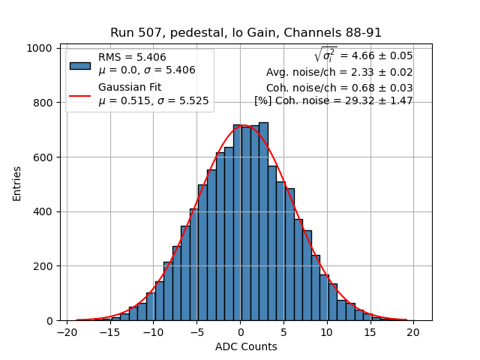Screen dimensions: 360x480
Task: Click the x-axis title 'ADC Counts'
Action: coord(246,346)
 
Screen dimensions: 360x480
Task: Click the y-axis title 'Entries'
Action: coord(17,184)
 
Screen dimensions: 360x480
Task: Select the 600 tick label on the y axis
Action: coord(42,157)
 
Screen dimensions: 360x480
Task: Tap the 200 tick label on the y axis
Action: coord(42,266)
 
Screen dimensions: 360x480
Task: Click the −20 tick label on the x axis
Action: coord(66,331)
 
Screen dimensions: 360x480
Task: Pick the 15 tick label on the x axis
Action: coord(370,331)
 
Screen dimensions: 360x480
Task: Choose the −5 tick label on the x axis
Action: coord(196,331)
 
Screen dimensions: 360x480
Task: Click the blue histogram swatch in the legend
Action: coord(80,65)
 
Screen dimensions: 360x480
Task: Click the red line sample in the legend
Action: coord(80,95)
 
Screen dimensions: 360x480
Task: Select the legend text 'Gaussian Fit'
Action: coord(130,88)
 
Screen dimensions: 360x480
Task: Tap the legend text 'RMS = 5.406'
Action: coord(132,57)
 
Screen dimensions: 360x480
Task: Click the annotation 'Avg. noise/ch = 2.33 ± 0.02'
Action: coord(339,73)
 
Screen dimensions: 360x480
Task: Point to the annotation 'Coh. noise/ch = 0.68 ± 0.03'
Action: coord(339,88)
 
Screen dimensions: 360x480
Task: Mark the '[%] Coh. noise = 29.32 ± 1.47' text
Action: coord(334,100)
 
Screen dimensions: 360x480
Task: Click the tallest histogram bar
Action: coord(263,221)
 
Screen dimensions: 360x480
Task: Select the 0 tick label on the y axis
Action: coord(48,321)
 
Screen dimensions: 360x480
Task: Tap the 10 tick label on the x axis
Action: coord(327,331)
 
